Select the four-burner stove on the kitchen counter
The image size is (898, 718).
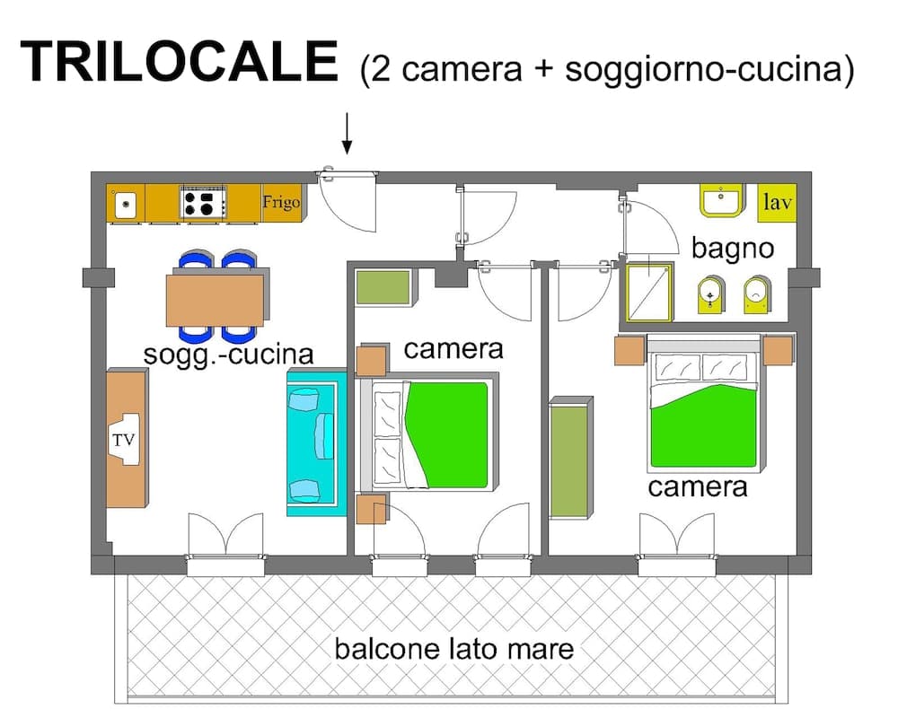coord(203,202)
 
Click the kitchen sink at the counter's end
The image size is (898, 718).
coord(125,204)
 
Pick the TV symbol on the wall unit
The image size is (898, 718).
coord(124,440)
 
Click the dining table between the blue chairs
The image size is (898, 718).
coord(215,300)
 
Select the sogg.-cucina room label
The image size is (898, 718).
coord(229,355)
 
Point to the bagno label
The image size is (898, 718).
coord(732,248)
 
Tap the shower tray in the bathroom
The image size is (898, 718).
coord(648,292)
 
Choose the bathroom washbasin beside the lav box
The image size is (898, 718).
coord(721,202)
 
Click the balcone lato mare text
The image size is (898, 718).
coord(453,648)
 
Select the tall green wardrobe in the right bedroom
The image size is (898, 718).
coord(571,458)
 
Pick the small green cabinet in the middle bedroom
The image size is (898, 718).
coord(383,286)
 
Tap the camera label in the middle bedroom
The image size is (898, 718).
coord(453,348)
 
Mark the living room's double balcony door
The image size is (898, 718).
coord(225,543)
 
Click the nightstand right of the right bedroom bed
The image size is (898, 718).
coord(778,350)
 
